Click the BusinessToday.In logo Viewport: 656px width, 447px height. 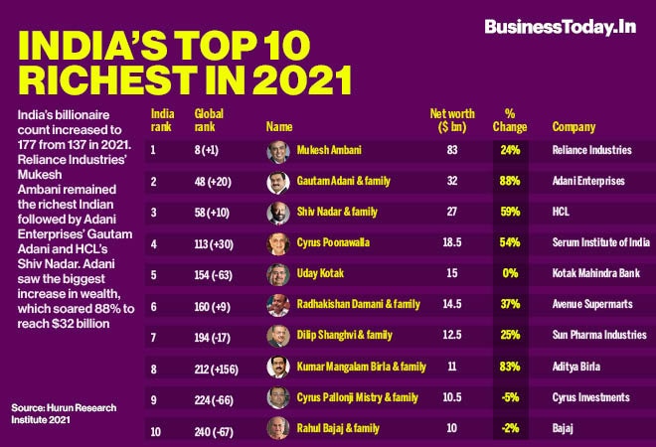[x=560, y=27]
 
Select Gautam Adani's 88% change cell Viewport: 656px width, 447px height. [x=510, y=182]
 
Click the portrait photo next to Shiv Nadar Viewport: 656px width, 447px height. [x=278, y=214]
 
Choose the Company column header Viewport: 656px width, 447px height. [x=574, y=127]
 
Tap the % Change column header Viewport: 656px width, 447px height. [x=510, y=120]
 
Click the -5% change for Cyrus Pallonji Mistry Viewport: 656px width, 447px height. [x=510, y=397]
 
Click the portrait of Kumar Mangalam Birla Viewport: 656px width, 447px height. [x=278, y=367]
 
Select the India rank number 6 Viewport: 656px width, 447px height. [x=154, y=305]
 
